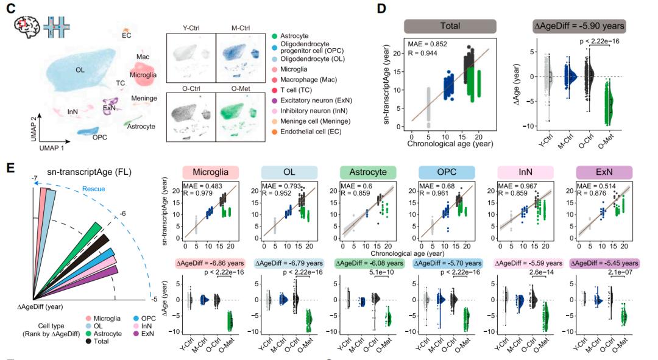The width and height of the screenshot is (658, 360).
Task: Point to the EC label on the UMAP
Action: tap(126, 35)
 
